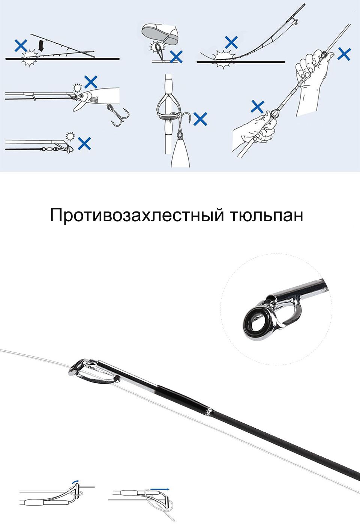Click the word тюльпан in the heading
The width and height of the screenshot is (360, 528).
[266, 215]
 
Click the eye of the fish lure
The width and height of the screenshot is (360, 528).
[82, 96]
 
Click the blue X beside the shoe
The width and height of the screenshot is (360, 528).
[176, 57]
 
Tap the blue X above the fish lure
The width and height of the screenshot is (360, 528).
[91, 82]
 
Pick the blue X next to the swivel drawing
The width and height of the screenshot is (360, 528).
[84, 144]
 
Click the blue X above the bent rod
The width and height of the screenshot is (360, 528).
[231, 42]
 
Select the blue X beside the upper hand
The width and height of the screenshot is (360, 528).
[344, 54]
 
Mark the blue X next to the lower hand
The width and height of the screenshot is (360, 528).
[258, 106]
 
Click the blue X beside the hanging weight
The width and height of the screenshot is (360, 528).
[200, 119]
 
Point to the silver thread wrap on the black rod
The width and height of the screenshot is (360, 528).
[208, 411]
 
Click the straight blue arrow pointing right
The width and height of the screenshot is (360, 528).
[160, 489]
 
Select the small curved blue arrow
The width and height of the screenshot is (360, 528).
[75, 481]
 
